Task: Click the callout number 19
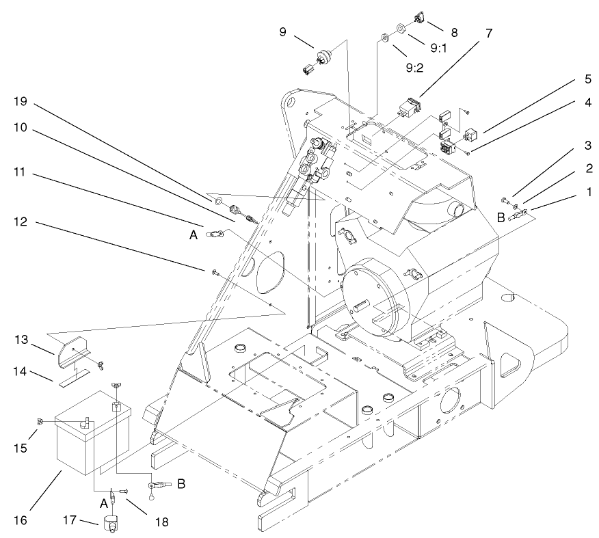[21, 101]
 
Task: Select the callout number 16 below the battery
[21, 520]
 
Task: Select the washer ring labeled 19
[217, 202]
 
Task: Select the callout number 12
[21, 221]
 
